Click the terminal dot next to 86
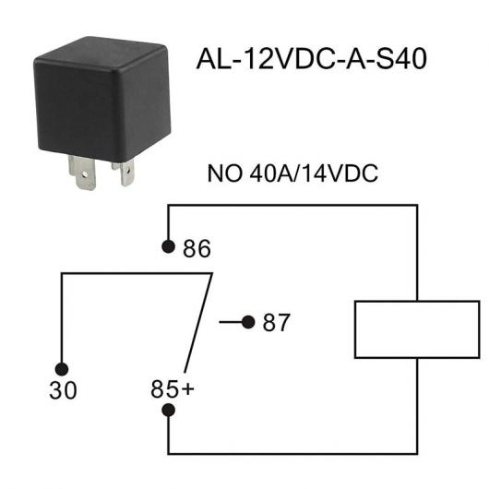[x=169, y=246]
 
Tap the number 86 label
[x=197, y=248]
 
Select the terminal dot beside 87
[x=248, y=322]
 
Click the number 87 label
[x=276, y=323]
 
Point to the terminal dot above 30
[x=62, y=369]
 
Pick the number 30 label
[x=63, y=390]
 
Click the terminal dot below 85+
[x=169, y=410]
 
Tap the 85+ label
[x=173, y=388]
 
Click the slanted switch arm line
[x=198, y=323]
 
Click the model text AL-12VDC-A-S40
[x=312, y=59]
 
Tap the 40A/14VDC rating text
[x=314, y=173]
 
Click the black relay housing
[x=102, y=100]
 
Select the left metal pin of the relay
[x=82, y=173]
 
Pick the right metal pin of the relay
[x=125, y=173]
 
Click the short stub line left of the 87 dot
[x=231, y=322]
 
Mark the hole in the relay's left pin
[x=84, y=173]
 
